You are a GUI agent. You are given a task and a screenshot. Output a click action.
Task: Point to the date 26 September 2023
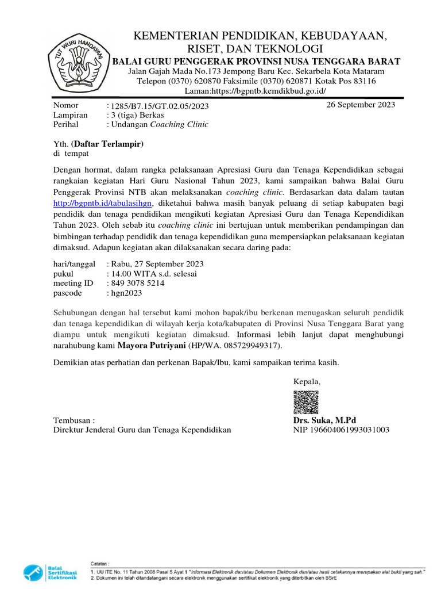(x=361, y=105)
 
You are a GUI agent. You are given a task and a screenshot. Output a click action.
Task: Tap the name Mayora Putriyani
(x=152, y=346)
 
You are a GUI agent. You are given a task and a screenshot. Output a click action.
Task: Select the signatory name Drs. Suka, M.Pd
(x=324, y=420)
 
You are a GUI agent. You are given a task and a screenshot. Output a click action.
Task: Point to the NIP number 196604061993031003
(x=341, y=430)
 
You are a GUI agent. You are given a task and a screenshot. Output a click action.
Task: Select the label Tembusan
(x=73, y=420)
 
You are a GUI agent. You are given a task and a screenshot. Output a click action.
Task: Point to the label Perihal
(x=65, y=124)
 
